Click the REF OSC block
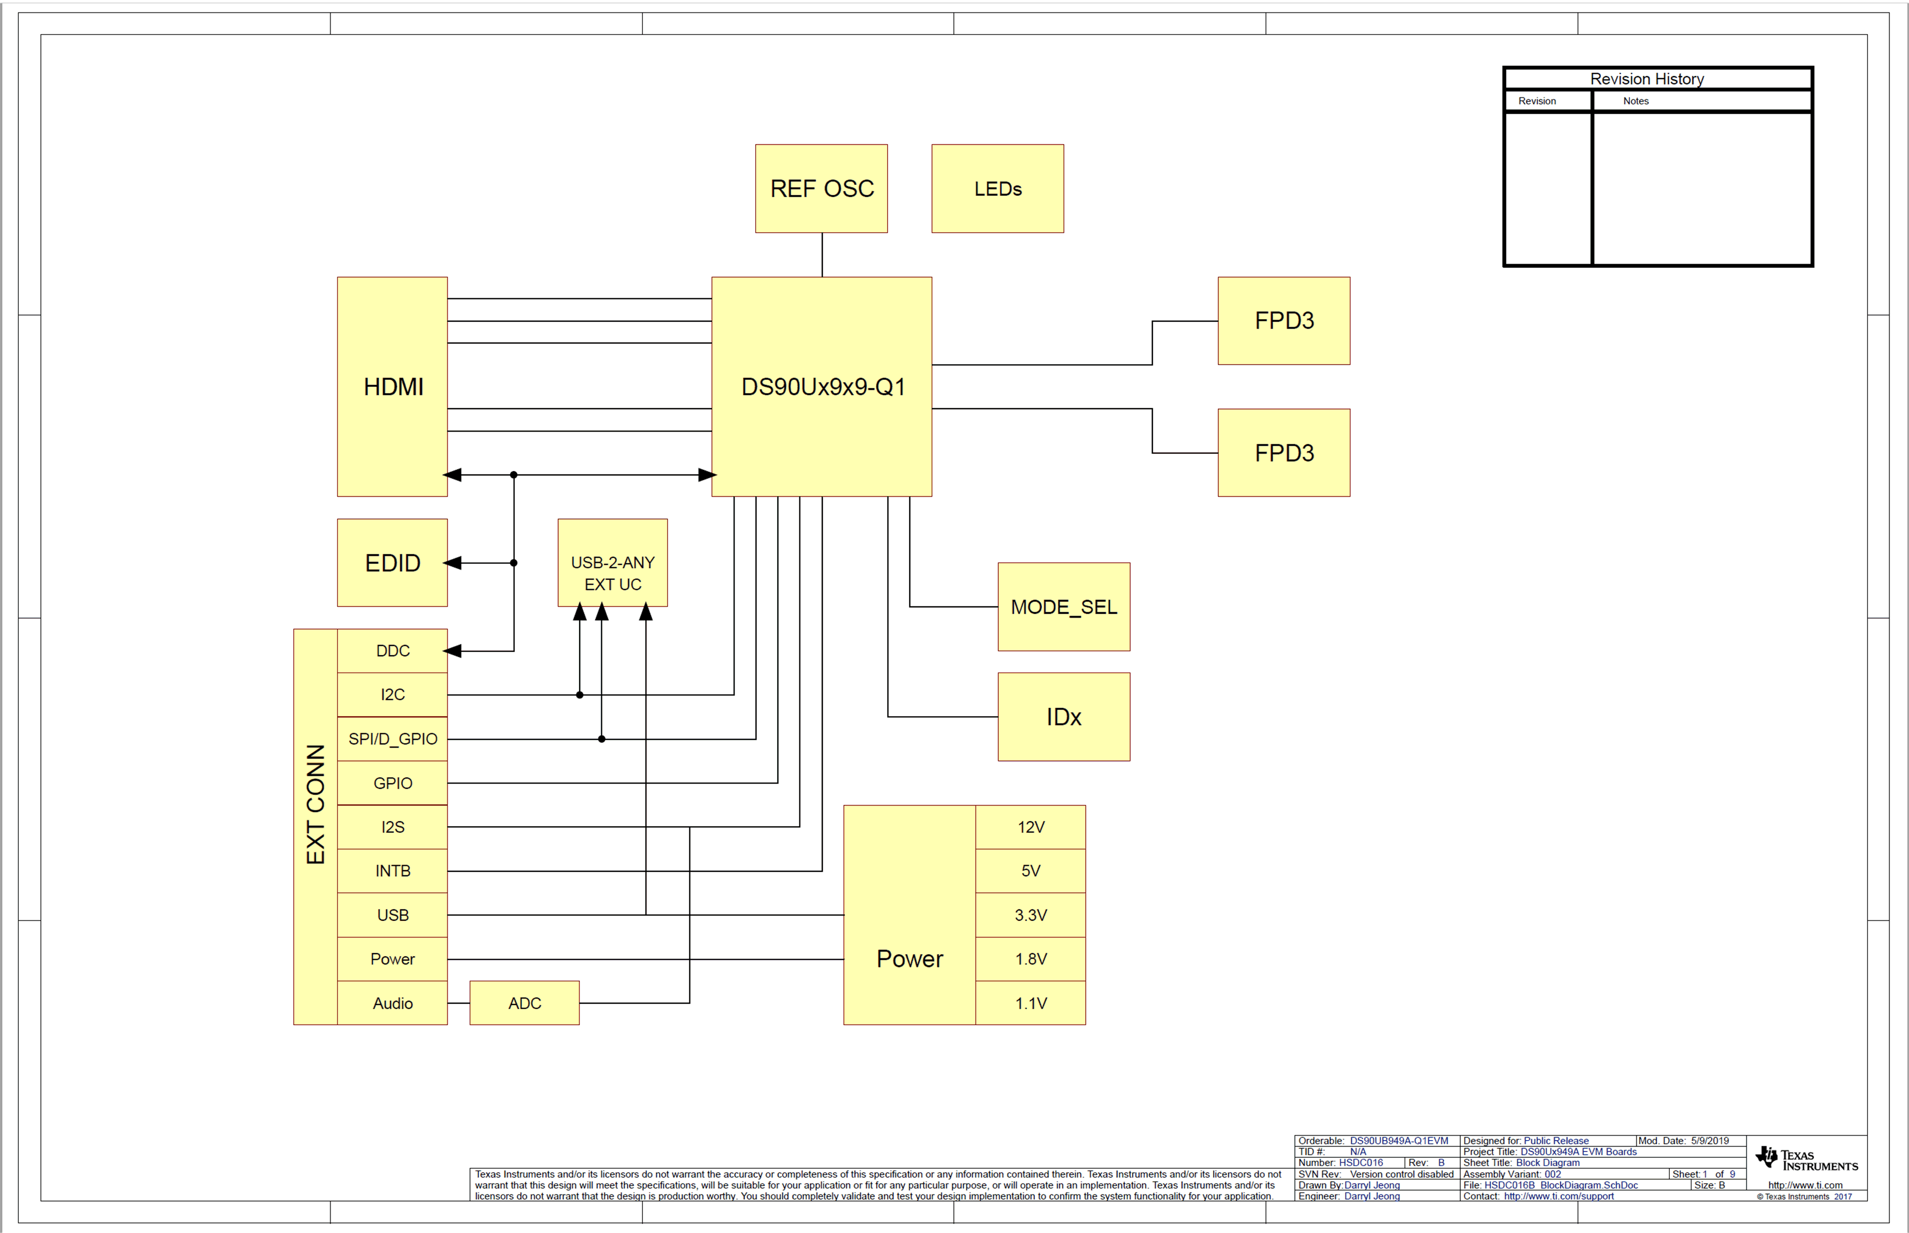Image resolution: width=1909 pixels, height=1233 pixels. coord(821,189)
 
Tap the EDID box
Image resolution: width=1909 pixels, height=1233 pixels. coord(392,563)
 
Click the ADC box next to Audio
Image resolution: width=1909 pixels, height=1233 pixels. coord(524,1003)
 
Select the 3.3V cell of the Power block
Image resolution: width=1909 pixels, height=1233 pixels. coord(1030,915)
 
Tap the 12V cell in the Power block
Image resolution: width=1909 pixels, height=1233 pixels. coord(1030,827)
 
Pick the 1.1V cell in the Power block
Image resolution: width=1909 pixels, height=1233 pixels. coord(1030,1003)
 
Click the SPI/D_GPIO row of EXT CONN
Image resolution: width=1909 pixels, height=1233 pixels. coord(392,739)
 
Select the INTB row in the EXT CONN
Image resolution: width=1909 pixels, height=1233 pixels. coord(392,871)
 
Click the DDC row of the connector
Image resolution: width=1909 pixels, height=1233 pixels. coord(392,651)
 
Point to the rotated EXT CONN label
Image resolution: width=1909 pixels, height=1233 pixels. coord(315,804)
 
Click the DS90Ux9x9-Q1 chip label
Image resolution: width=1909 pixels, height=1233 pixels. coord(823,387)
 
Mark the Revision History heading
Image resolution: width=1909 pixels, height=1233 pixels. coord(1647,79)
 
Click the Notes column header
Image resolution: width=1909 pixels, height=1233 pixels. coord(1635,101)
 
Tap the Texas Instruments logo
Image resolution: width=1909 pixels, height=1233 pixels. coord(1806,1160)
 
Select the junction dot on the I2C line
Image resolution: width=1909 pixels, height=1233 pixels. coord(580,695)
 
